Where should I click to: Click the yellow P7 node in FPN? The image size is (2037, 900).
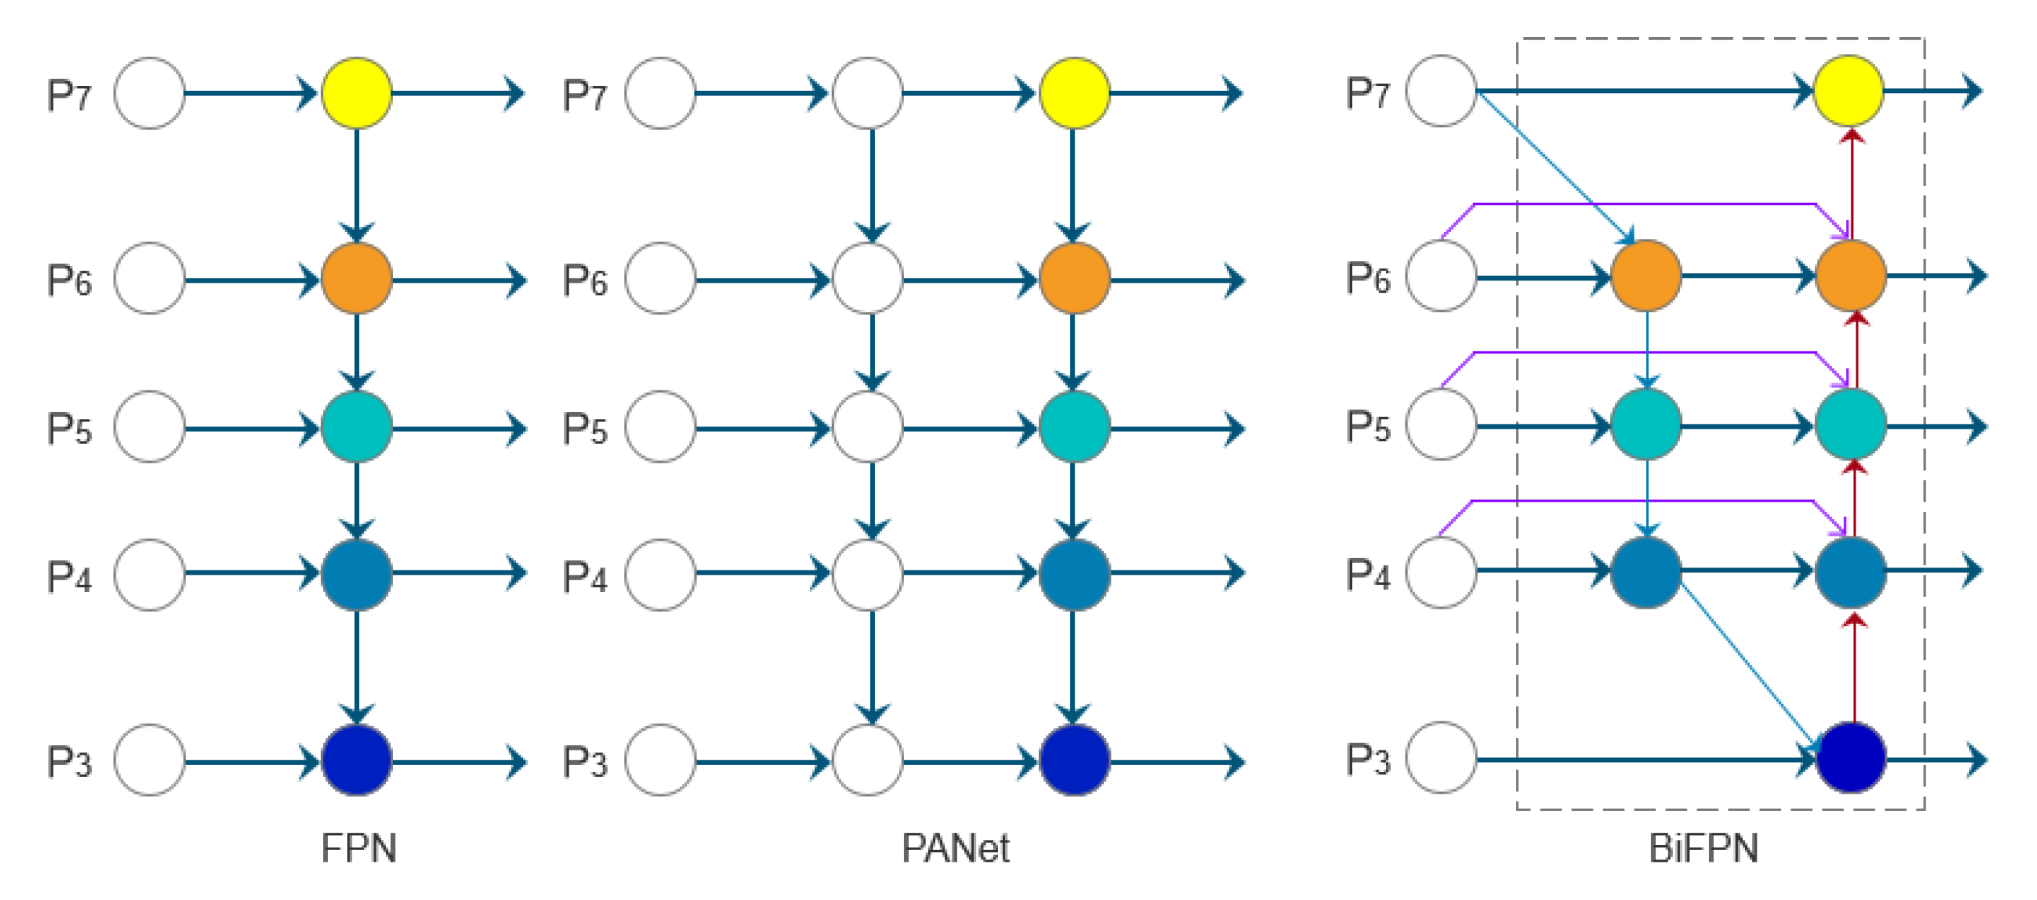pyautogui.click(x=357, y=93)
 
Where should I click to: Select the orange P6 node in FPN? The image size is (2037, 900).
pyautogui.click(x=357, y=278)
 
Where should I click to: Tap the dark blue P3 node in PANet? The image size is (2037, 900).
pyautogui.click(x=1075, y=760)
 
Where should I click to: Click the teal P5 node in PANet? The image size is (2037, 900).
pyautogui.click(x=1075, y=427)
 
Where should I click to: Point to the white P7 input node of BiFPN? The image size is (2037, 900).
pyautogui.click(x=1441, y=91)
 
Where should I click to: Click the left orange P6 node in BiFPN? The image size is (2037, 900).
pyautogui.click(x=1646, y=276)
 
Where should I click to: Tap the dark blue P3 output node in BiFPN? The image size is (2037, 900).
pyautogui.click(x=1851, y=758)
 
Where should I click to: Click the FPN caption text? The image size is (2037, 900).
pyautogui.click(x=359, y=849)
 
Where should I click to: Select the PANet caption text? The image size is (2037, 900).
pyautogui.click(x=955, y=849)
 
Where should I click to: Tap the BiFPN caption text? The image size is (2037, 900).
pyautogui.click(x=1704, y=849)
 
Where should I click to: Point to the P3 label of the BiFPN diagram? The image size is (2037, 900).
pyautogui.click(x=1368, y=759)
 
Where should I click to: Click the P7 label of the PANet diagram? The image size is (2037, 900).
pyautogui.click(x=585, y=95)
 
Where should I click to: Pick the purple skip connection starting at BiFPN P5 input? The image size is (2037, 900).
pyautogui.click(x=1645, y=353)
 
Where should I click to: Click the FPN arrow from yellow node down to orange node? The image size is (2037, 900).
pyautogui.click(x=357, y=182)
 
